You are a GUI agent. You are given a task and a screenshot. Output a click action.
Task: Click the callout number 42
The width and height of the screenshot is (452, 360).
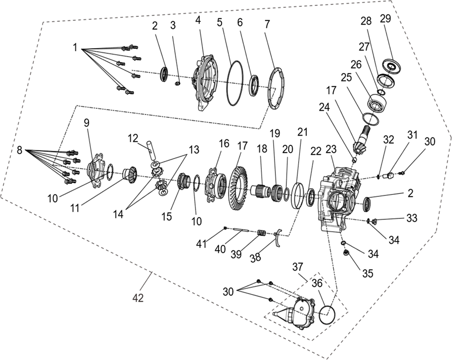(x=138, y=298)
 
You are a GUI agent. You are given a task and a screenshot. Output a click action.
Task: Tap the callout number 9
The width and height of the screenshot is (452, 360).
(x=86, y=123)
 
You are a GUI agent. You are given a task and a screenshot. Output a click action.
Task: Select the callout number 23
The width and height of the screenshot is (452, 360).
(x=331, y=149)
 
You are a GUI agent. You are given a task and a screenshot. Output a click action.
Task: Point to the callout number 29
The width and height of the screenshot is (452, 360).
(x=385, y=18)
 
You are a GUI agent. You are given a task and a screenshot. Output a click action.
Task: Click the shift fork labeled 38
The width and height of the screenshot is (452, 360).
(x=278, y=238)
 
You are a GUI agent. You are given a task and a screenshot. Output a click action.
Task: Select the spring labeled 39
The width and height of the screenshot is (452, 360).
(x=261, y=233)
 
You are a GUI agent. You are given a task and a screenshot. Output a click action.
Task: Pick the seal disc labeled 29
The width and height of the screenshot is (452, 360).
(x=390, y=67)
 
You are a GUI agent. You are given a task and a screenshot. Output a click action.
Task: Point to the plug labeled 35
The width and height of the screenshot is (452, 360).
(x=346, y=253)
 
